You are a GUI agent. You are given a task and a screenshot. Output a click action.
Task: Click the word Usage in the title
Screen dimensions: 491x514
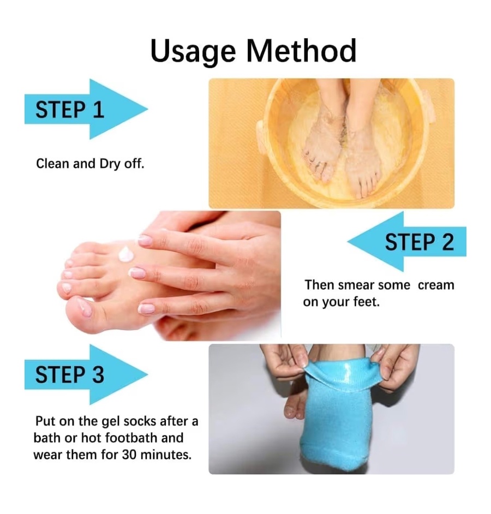193,52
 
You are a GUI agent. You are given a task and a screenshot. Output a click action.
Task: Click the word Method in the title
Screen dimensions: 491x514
301,51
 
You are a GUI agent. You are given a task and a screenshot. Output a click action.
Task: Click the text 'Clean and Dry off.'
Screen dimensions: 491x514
90,164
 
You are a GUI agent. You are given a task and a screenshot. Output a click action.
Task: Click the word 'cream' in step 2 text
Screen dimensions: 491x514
436,285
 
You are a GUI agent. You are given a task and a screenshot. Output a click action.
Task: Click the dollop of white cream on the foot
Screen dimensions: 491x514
126,254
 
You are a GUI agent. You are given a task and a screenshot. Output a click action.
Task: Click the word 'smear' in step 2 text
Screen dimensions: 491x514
357,285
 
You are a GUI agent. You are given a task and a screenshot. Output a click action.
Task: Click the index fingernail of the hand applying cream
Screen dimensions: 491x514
145,241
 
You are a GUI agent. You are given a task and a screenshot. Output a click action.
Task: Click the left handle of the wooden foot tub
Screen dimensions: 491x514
261,136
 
